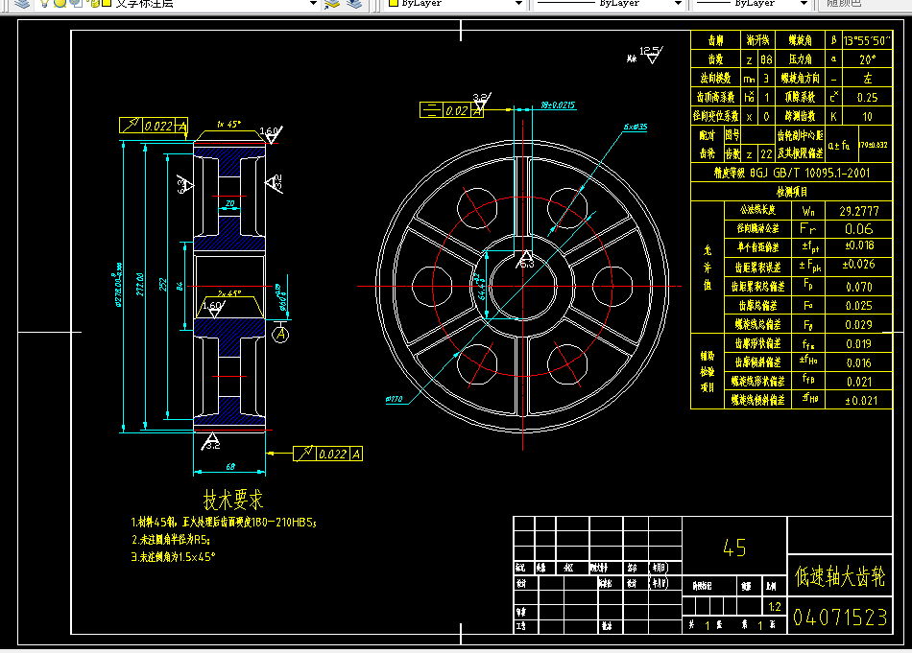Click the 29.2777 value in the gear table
pos(859,210)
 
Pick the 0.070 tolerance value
pos(859,287)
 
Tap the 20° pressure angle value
pos(867,59)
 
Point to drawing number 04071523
pos(840,618)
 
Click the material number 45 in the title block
pos(733,548)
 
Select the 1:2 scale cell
pos(774,607)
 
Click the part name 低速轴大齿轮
pos(840,576)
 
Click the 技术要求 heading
pos(233,500)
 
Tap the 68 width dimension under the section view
pos(230,467)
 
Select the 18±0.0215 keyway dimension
pos(557,105)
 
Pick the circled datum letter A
pos(281,335)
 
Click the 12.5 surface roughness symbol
pos(651,52)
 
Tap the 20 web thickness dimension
pos(229,203)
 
